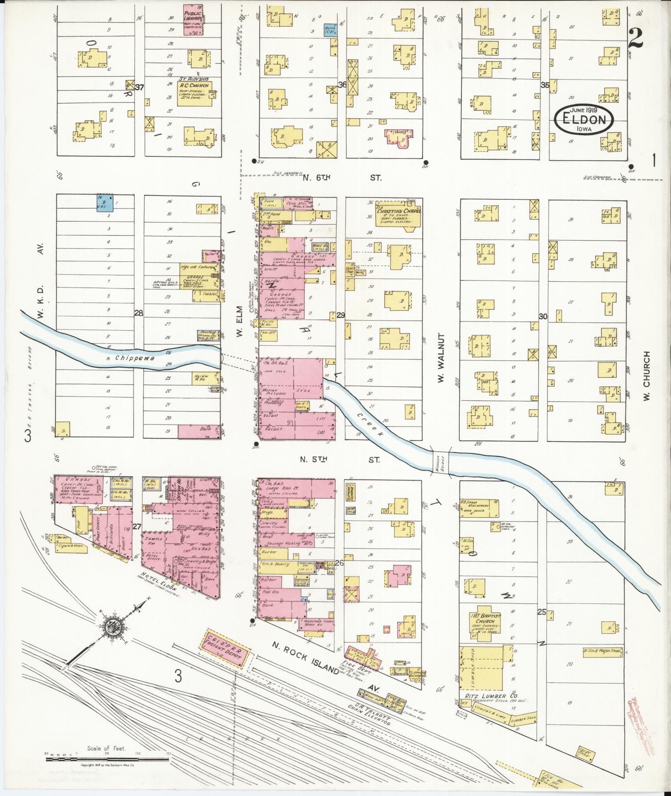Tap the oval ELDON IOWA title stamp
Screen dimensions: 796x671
pyautogui.click(x=584, y=119)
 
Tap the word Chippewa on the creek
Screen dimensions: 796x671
pyautogui.click(x=129, y=357)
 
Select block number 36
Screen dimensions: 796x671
pyautogui.click(x=342, y=85)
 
